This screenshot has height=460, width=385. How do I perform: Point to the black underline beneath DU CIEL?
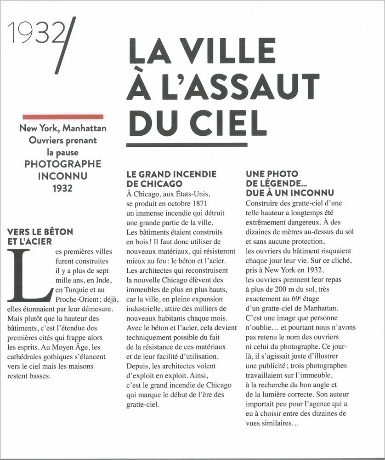click(187, 145)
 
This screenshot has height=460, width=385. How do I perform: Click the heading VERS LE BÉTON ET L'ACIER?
click(40, 236)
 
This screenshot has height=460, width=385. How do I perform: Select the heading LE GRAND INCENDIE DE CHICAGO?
click(171, 178)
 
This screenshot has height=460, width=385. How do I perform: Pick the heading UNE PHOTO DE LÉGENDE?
click(289, 183)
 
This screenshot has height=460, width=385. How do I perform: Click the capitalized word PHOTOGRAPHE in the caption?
click(63, 164)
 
